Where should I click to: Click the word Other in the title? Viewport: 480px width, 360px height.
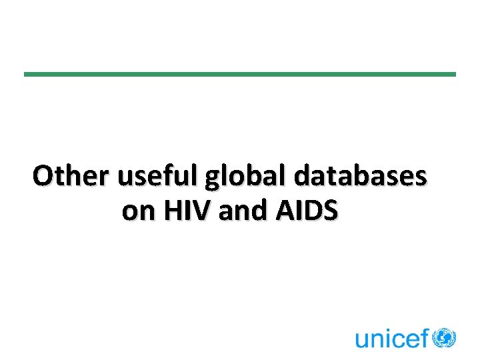[x=71, y=177]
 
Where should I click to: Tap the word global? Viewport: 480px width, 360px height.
[x=246, y=178]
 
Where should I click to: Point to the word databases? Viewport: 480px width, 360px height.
[x=360, y=177]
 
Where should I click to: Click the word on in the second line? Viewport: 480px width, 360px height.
[x=136, y=212]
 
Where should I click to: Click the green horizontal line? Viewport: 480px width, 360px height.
[x=240, y=74]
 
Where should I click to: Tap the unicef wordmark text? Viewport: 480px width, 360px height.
[x=392, y=339]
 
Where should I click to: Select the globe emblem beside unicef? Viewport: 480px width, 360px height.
[x=444, y=337]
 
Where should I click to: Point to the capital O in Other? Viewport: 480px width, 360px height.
[x=45, y=177]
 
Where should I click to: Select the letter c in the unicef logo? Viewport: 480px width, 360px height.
[x=398, y=341]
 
